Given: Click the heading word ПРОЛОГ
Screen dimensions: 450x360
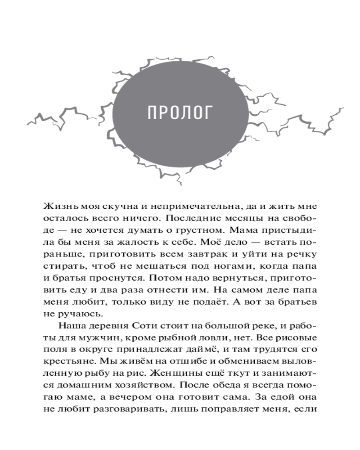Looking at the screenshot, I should tap(180, 113).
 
